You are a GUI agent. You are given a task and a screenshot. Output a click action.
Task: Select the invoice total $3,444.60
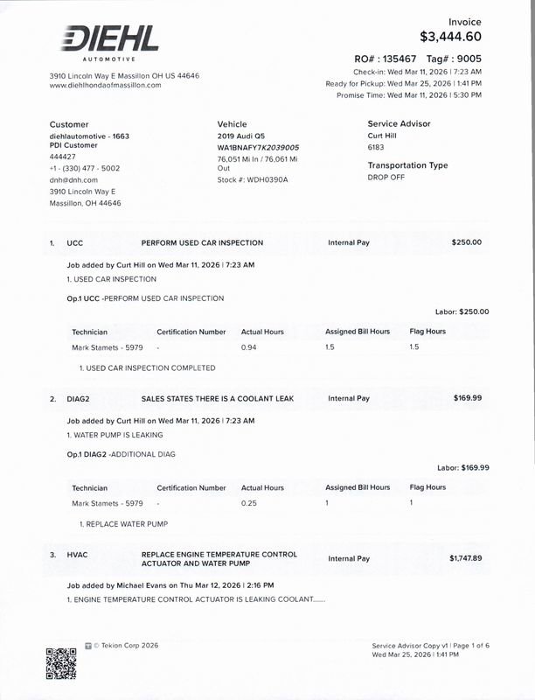click(x=450, y=37)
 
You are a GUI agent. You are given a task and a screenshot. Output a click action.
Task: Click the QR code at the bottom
click(x=61, y=662)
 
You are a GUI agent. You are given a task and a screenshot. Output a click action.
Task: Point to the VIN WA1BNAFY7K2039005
click(x=258, y=148)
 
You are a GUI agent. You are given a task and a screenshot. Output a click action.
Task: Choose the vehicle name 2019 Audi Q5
click(x=240, y=136)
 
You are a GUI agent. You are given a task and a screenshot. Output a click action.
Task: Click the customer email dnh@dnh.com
click(x=73, y=179)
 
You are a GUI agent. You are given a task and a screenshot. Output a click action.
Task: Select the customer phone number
click(x=85, y=168)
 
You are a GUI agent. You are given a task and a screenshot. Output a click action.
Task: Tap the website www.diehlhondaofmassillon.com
click(x=105, y=85)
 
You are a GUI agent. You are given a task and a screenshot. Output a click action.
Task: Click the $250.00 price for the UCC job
click(x=466, y=241)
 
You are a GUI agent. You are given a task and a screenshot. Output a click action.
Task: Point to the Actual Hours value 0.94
click(x=249, y=347)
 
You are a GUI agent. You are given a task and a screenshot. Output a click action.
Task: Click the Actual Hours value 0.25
click(x=249, y=503)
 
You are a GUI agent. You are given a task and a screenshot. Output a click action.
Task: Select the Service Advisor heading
click(x=399, y=124)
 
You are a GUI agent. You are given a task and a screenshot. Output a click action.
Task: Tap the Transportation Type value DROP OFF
click(x=386, y=177)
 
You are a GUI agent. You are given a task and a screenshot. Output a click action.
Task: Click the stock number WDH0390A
click(x=267, y=179)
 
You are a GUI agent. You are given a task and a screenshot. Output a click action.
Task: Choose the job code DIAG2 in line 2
click(x=80, y=399)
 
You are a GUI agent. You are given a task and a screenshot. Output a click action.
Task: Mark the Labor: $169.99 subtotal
click(x=462, y=467)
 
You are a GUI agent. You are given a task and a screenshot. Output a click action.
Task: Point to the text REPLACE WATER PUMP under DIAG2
click(x=126, y=523)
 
